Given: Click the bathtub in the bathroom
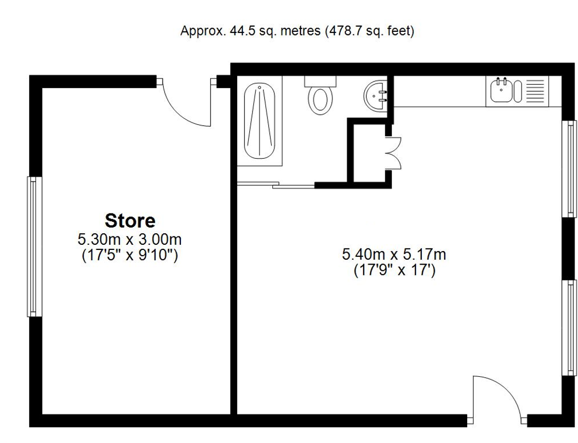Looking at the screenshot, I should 260,121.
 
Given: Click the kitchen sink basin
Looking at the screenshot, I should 501,91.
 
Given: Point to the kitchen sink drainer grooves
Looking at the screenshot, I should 534,91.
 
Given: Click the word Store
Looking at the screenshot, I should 130,221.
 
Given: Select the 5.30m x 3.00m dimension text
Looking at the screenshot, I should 130,240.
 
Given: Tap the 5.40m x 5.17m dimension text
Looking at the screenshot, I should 394,255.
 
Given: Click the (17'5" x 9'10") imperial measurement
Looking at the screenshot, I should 130,256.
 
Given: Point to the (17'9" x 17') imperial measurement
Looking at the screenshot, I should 394,271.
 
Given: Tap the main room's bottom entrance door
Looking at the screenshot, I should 496,397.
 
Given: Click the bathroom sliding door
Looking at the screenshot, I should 276,184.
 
